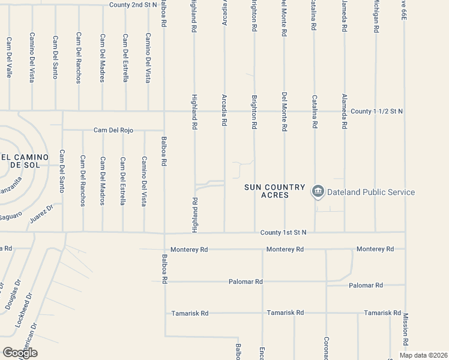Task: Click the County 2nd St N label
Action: click(133, 5)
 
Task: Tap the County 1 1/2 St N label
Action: click(377, 111)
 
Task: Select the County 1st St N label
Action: click(283, 232)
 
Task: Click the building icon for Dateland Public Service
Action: click(318, 192)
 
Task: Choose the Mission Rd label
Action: click(406, 328)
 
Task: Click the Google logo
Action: click(20, 352)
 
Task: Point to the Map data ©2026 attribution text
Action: click(423, 355)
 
